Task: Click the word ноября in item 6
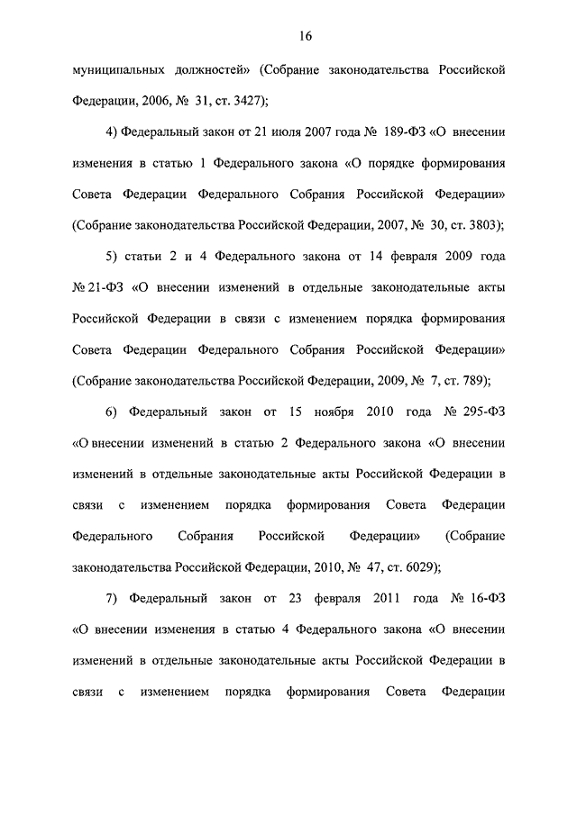(316, 412)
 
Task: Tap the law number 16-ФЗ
(485, 599)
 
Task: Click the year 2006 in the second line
(142, 100)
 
